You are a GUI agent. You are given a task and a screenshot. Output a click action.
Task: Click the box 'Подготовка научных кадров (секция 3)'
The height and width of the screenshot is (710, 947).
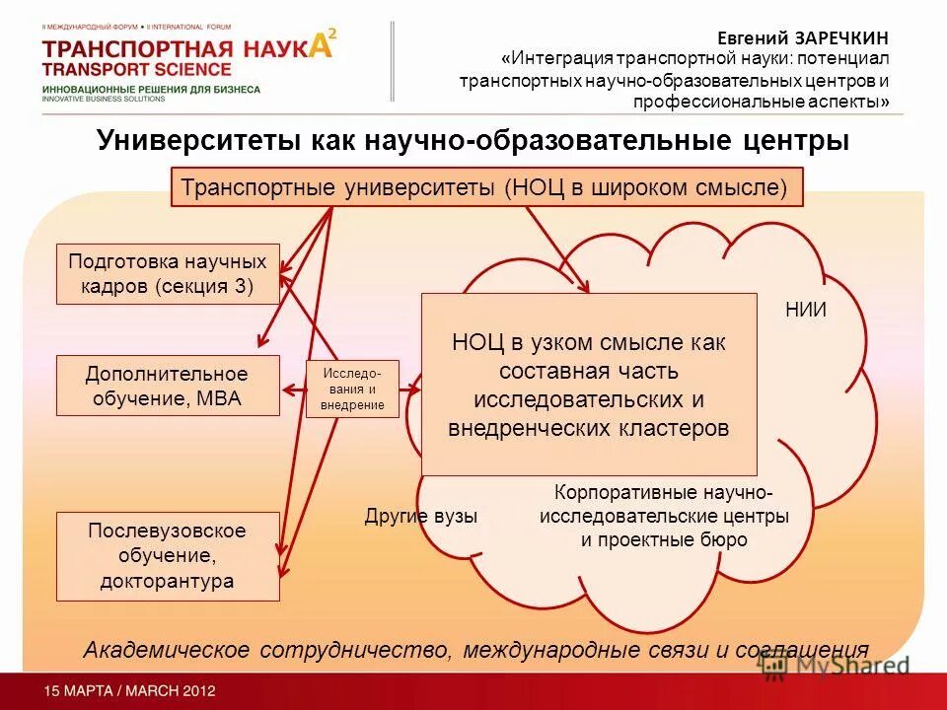168,274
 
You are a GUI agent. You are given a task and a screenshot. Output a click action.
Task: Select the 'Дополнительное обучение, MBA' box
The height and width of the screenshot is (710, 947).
168,386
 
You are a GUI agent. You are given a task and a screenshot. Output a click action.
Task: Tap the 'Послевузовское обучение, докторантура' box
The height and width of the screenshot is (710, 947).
168,556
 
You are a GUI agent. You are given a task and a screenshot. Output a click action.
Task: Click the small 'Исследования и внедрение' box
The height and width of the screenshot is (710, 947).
352,389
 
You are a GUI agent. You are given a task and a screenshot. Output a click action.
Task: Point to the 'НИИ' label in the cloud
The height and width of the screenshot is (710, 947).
805,310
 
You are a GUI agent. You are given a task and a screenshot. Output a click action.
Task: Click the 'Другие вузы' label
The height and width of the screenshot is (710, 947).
420,516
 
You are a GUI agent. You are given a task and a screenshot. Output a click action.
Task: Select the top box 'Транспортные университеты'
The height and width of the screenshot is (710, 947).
487,187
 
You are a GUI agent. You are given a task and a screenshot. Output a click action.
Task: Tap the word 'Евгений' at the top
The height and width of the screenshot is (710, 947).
753,37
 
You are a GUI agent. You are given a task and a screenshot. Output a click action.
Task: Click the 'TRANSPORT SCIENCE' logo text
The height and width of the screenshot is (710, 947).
137,69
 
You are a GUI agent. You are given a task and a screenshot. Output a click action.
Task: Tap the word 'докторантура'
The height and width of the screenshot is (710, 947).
168,581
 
